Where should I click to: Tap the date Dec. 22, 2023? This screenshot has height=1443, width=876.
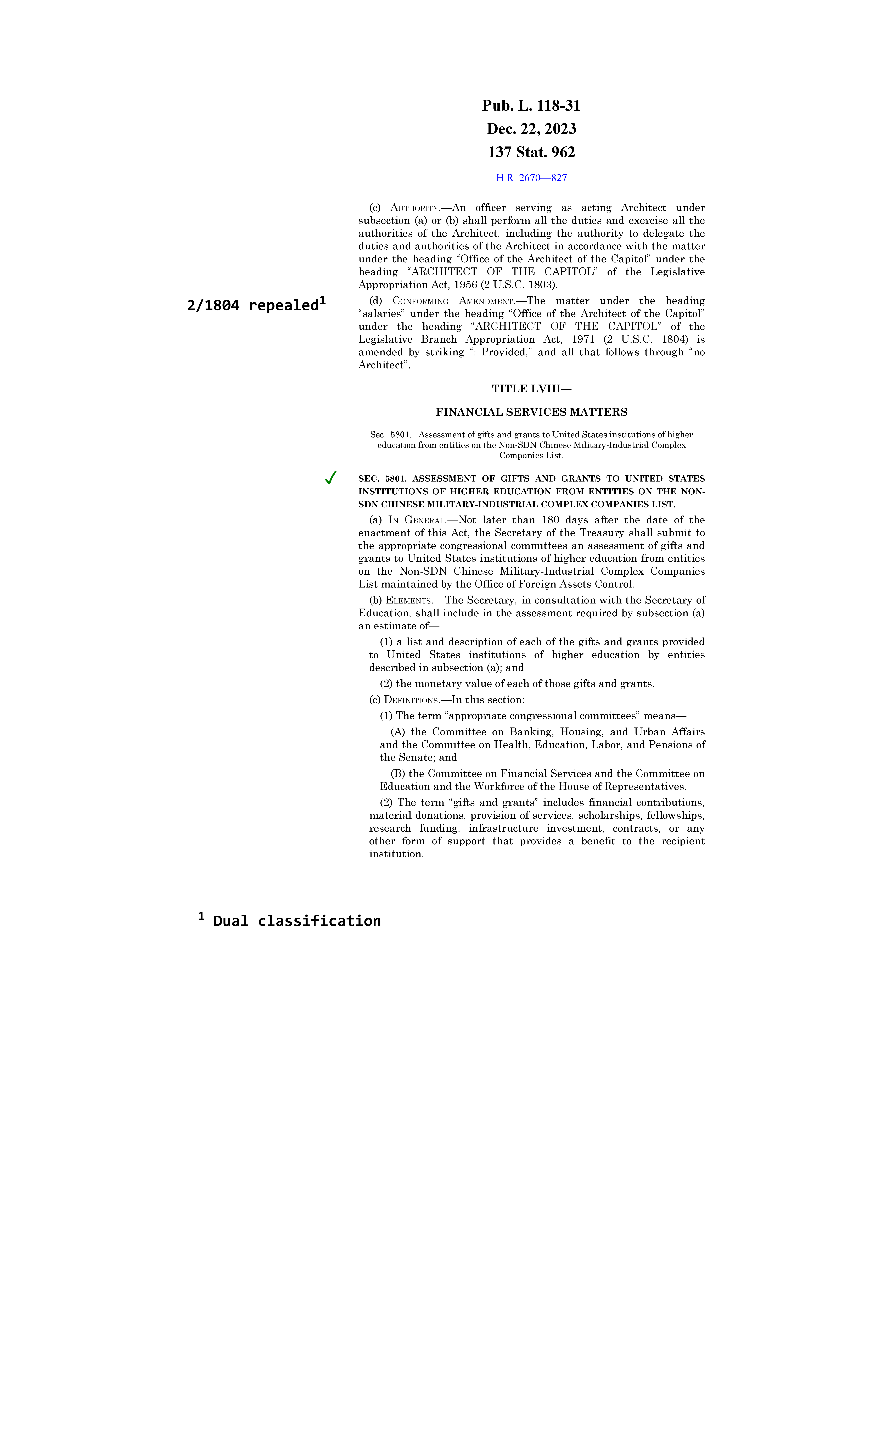click(x=531, y=129)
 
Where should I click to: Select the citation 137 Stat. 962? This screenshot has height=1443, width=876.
click(x=531, y=152)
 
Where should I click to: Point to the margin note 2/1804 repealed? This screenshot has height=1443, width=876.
click(x=253, y=305)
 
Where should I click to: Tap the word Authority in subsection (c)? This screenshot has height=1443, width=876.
click(x=415, y=208)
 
